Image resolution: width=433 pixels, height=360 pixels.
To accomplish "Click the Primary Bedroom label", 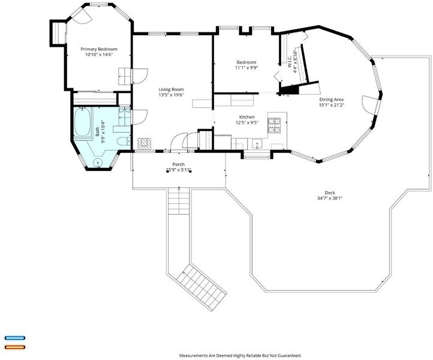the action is [99, 49].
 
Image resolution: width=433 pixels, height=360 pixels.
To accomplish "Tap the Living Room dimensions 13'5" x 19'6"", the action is [171, 95].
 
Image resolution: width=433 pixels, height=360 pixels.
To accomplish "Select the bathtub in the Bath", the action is [83, 122].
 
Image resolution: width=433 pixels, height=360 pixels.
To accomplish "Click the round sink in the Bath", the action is [98, 163].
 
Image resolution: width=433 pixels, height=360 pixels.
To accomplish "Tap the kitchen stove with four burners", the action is [274, 126].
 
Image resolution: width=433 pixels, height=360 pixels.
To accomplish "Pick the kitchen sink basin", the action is [257, 143].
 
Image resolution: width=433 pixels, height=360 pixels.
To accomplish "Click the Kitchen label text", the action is [247, 117].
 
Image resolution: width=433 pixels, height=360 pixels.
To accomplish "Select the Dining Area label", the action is [332, 100].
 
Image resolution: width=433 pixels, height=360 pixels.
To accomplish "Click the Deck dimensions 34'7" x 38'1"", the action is [330, 198].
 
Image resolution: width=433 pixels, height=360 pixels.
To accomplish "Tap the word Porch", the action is [178, 164].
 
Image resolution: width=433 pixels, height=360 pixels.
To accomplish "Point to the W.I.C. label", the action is [290, 62].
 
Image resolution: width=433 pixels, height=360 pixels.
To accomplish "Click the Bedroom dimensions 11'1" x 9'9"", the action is [247, 67].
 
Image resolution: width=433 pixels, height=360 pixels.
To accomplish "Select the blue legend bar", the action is [15, 338].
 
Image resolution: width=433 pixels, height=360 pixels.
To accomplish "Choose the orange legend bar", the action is [15, 347].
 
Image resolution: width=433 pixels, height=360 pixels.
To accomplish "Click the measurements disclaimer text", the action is [240, 355].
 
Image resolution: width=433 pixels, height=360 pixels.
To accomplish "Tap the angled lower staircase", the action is [202, 287].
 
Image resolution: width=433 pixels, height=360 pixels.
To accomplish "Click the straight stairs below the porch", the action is [179, 201].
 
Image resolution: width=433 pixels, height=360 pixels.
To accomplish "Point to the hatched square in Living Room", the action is [145, 143].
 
